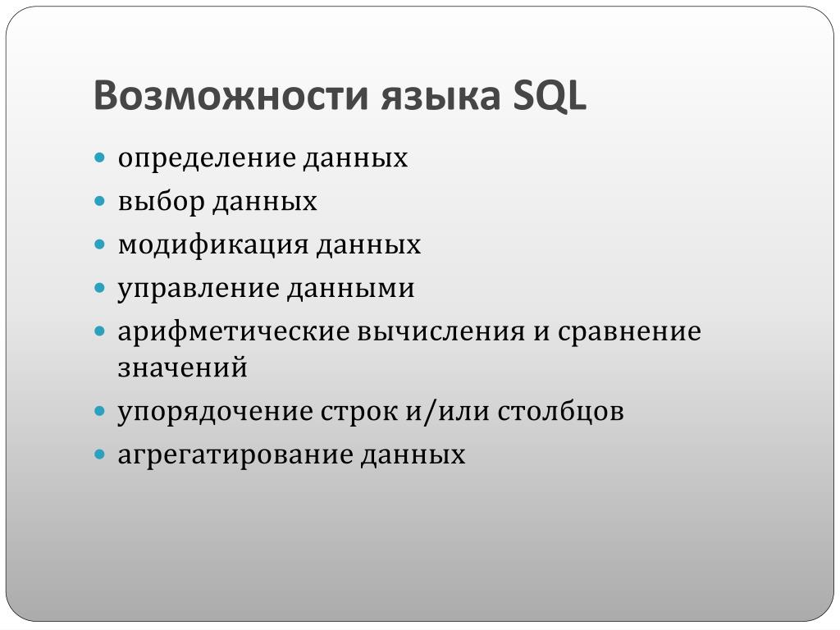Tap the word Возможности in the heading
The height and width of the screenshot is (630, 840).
pos(231,95)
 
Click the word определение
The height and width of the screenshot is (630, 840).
pos(207,159)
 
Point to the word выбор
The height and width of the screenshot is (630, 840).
pos(162,201)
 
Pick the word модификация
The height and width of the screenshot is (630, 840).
pos(213,245)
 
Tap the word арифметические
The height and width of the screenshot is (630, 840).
pos(234,332)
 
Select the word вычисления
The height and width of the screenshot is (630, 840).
pos(441,332)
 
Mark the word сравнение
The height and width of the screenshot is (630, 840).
pos(629,332)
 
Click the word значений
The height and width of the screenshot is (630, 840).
pos(183,368)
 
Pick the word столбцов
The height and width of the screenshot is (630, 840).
pos(560,412)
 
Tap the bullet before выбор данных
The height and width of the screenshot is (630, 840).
pos(99,202)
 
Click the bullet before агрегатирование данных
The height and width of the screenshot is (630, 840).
pos(99,455)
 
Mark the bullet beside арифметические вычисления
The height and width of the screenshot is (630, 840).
pos(99,332)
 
